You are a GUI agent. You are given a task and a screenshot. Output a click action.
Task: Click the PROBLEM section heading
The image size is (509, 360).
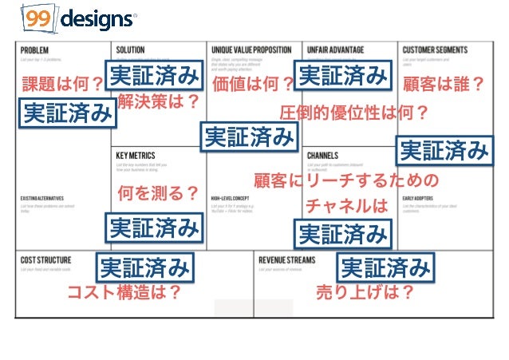tap(36, 49)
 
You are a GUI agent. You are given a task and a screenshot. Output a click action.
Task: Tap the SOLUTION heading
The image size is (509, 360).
tap(131, 49)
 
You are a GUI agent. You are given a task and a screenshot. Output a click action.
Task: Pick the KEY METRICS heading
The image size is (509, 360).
tap(136, 155)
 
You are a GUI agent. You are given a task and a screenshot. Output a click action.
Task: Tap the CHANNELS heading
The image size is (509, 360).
tap(322, 155)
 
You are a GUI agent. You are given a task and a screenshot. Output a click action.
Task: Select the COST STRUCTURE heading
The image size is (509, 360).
tap(46, 260)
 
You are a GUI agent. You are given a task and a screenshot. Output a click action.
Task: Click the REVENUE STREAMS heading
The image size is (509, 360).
tap(286, 260)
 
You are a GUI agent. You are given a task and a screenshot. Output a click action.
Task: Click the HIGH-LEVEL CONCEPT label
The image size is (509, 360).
tap(232, 198)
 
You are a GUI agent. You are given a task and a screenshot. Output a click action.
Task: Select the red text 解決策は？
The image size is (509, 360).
tap(158, 101)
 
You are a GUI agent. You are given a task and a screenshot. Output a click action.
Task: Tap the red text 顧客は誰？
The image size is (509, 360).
tap(444, 84)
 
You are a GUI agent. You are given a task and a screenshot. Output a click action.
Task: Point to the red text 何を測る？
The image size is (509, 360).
tap(158, 192)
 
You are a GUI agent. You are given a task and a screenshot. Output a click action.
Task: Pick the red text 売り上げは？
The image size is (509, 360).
tap(365, 293)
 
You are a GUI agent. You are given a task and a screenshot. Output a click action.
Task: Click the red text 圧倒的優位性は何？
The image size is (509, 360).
tap(354, 113)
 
